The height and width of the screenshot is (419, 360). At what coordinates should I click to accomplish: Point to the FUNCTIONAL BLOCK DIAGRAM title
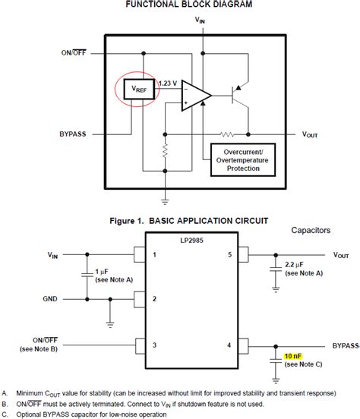point(180,5)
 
